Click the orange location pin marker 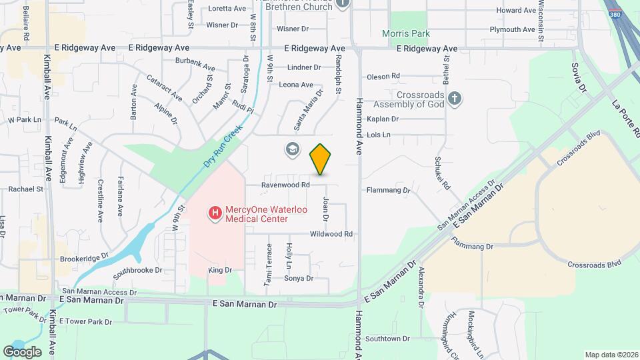[321, 159]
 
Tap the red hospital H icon [215, 213]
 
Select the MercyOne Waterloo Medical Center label [256, 213]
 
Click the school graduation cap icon [292, 149]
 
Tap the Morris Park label [406, 33]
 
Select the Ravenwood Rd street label [286, 185]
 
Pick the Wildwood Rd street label [331, 234]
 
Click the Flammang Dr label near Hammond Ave [387, 190]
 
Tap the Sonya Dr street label [299, 278]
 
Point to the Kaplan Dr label [383, 119]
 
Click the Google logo [22, 351]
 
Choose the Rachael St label [25, 189]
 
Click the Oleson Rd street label [383, 76]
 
